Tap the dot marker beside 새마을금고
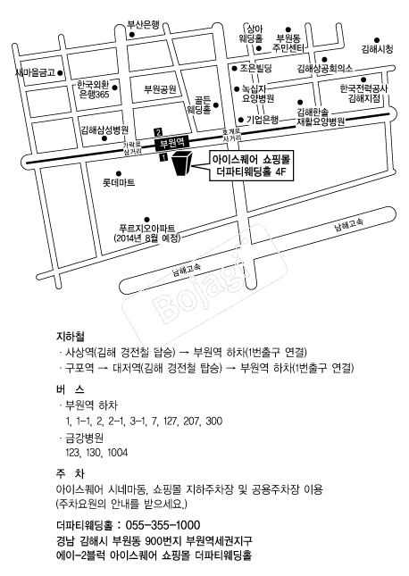(x=60, y=72)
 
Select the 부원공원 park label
(x=160, y=89)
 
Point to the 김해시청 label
(x=378, y=49)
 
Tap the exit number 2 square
(x=159, y=132)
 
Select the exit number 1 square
(x=163, y=157)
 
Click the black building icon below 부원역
(x=182, y=163)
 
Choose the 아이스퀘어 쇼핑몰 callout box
(x=252, y=166)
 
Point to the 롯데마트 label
(x=119, y=182)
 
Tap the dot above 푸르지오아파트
(x=147, y=220)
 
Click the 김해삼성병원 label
(x=104, y=129)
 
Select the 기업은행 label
(x=263, y=120)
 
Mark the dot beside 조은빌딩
(x=234, y=69)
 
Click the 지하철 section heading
(x=71, y=336)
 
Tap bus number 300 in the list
(x=213, y=421)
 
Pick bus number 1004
(x=118, y=453)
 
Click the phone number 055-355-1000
(x=163, y=525)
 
